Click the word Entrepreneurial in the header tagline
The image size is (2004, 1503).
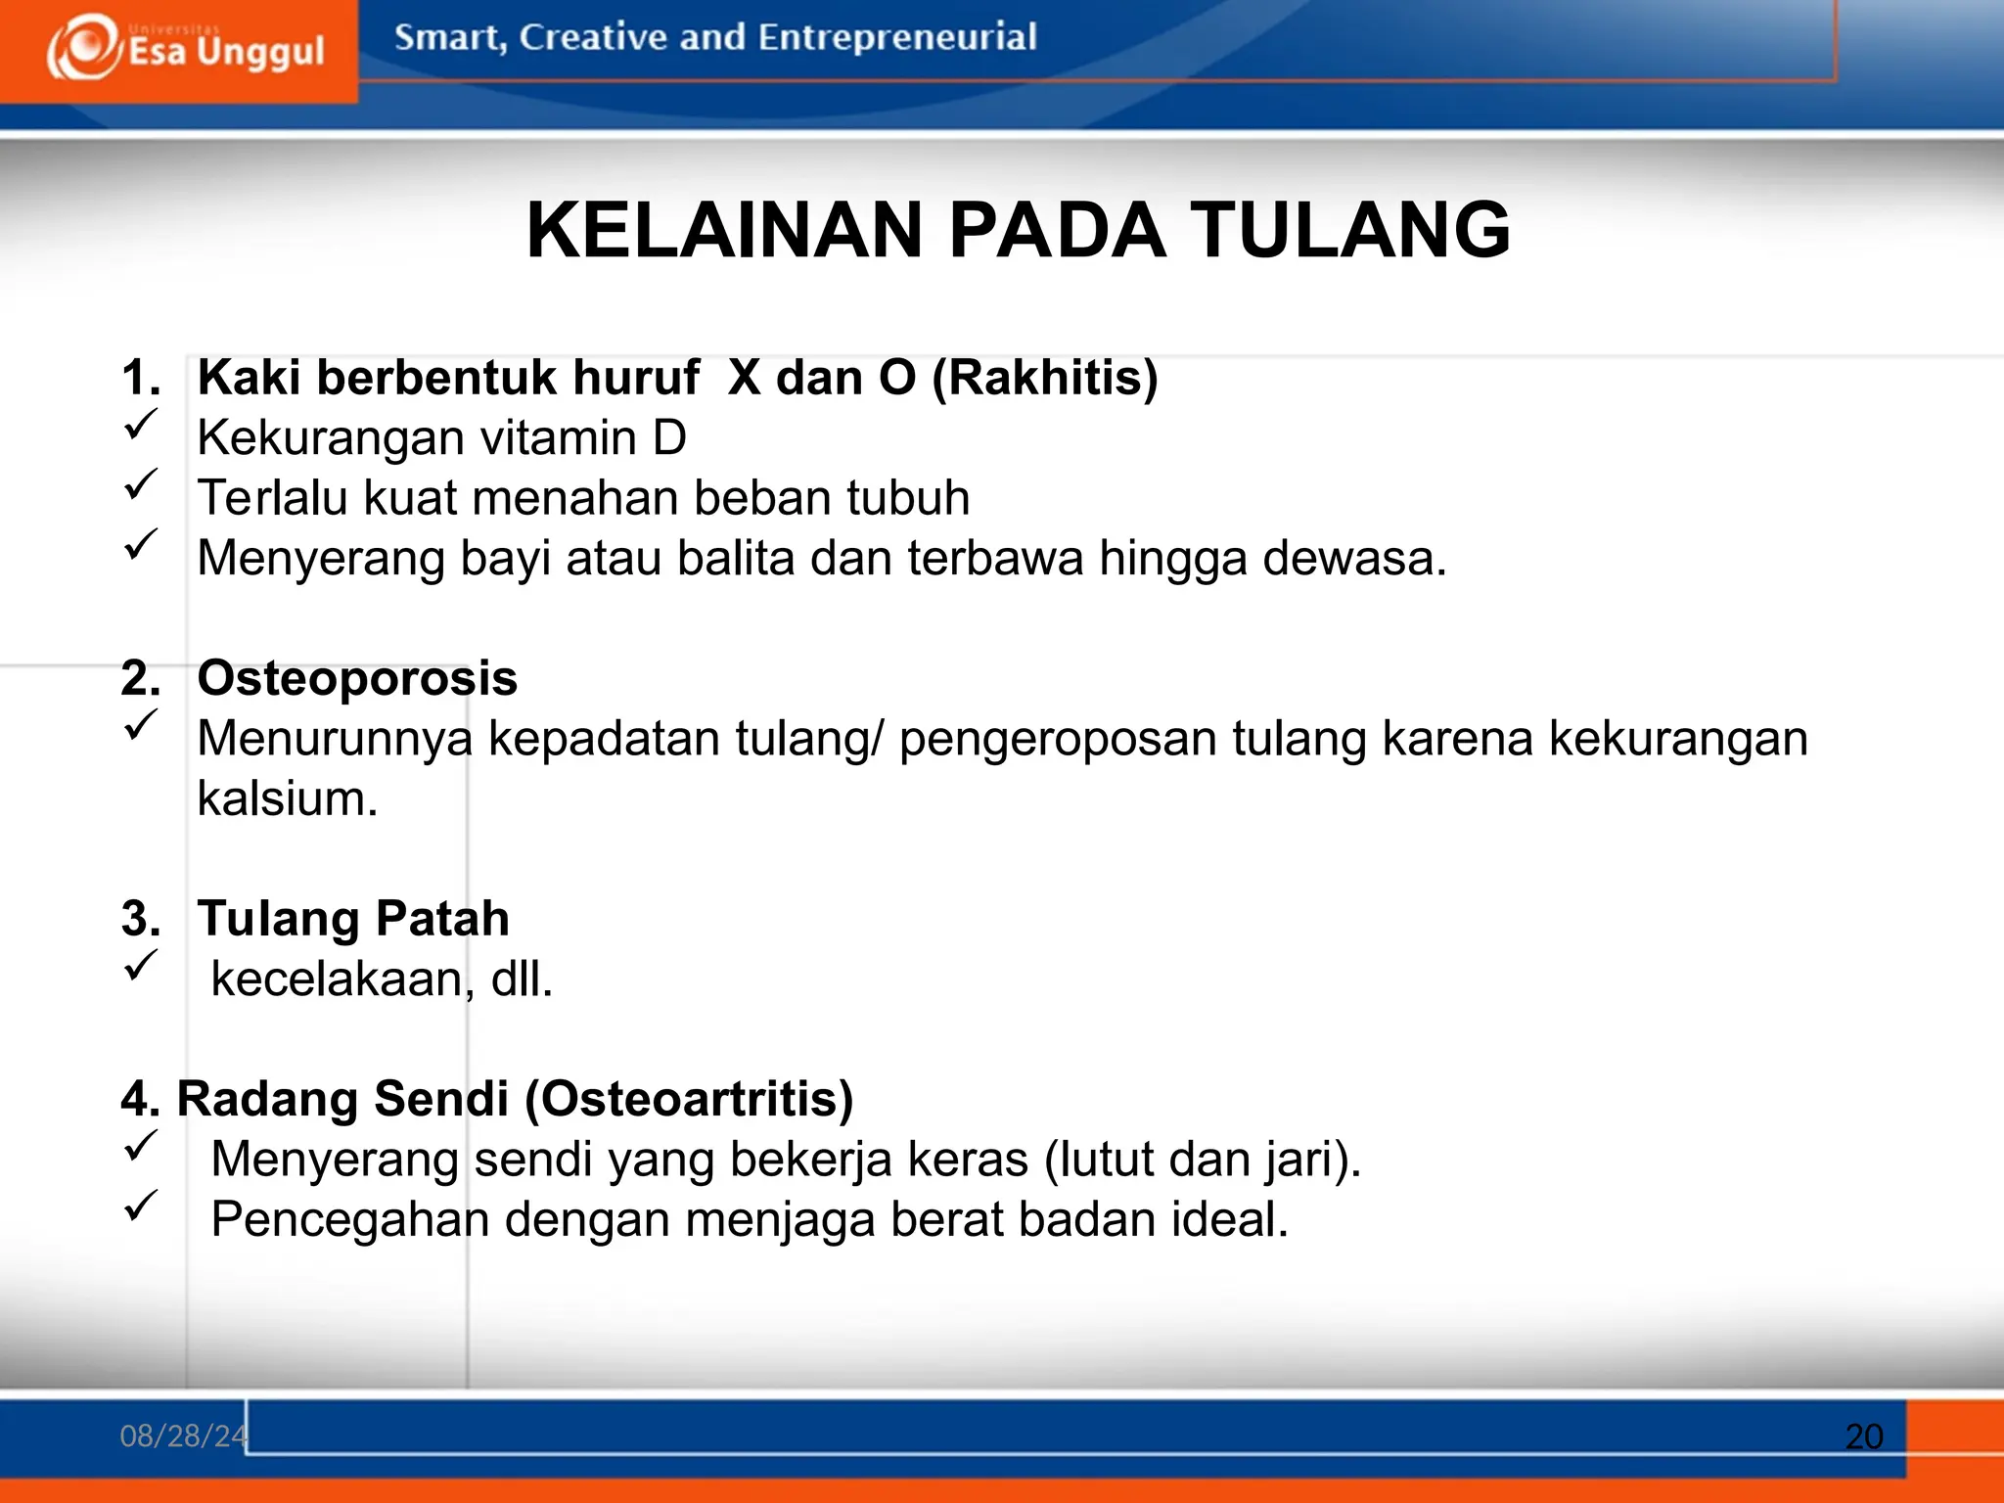[896, 37]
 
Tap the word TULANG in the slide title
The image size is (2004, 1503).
[1350, 231]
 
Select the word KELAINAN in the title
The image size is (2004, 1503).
[724, 231]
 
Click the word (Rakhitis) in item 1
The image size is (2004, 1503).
[1044, 378]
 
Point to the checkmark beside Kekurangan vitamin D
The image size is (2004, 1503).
[141, 425]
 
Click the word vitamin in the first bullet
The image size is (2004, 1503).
[558, 437]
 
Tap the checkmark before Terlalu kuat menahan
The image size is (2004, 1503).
[141, 484]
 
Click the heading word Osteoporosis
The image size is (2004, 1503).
[357, 678]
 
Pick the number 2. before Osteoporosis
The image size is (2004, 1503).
[141, 678]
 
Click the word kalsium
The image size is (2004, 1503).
[287, 798]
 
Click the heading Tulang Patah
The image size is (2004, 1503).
[353, 919]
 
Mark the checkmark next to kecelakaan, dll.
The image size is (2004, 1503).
[141, 966]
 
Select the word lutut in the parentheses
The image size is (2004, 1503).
[1100, 1160]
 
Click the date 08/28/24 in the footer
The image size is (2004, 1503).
[183, 1435]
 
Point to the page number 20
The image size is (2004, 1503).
[1864, 1436]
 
